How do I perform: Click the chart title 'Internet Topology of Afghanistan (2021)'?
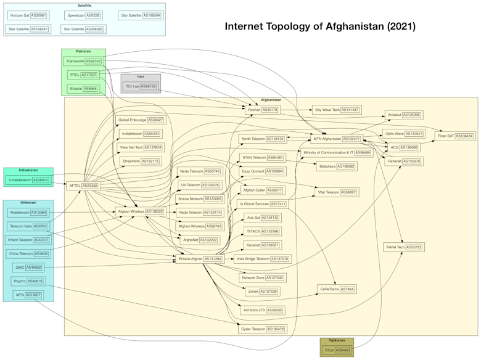tap(320, 27)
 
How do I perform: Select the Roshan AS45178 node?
tap(262, 110)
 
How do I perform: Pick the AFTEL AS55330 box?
tap(83, 186)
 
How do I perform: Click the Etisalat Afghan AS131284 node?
tap(200, 259)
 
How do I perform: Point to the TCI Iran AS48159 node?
tap(141, 86)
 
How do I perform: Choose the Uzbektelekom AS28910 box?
tap(28, 180)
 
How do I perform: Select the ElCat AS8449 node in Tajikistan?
tap(337, 350)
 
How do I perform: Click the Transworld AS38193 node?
tap(83, 61)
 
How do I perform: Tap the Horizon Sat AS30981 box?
tap(28, 15)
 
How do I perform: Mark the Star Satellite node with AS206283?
tap(83, 29)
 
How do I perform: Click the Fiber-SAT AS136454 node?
tap(455, 136)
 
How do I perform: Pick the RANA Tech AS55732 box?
tap(404, 247)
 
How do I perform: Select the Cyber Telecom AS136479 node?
tap(262, 329)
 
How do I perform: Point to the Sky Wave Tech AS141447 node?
tap(336, 110)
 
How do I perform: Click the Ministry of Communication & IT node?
tap(337, 152)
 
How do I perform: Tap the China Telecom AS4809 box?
tap(29, 253)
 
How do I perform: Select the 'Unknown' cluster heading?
tap(28, 202)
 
